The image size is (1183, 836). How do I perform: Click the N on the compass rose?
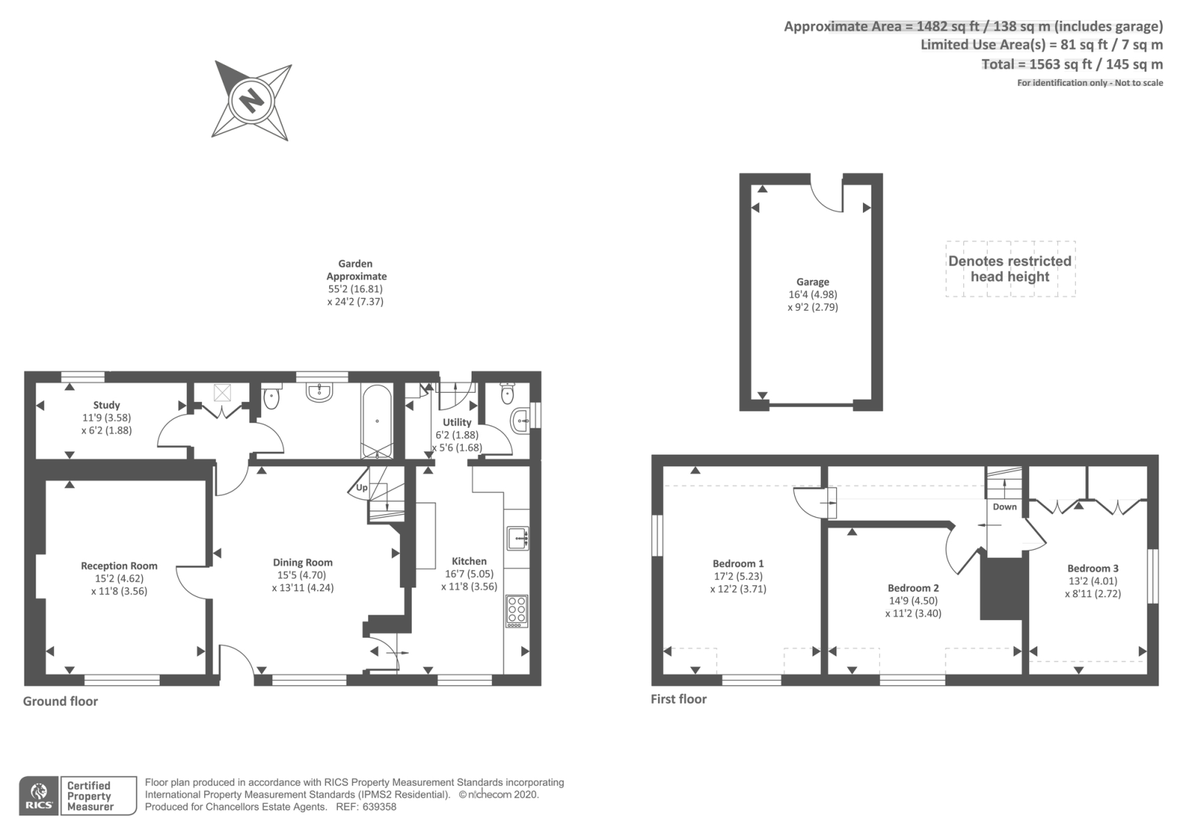251,100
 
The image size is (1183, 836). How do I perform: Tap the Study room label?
106,405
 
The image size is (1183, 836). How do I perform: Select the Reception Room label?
119,566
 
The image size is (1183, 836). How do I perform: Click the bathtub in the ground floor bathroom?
377,422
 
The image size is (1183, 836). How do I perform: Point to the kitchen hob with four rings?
517,611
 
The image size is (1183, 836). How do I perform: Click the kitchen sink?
517,538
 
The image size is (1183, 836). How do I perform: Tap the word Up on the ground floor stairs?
362,488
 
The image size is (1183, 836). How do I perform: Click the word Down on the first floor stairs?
1004,507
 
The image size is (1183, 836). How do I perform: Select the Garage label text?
813,282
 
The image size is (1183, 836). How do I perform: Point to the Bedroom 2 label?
913,588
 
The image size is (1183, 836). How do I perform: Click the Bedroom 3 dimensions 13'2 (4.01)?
1093,581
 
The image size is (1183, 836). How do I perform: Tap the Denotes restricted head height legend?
1010,269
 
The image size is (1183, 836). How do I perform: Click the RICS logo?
39,796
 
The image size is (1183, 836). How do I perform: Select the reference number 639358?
380,807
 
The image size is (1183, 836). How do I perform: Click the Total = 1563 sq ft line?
1071,64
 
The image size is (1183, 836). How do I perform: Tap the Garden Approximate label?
356,269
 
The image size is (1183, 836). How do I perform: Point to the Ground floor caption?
60,701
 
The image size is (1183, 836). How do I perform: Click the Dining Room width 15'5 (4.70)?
302,575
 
